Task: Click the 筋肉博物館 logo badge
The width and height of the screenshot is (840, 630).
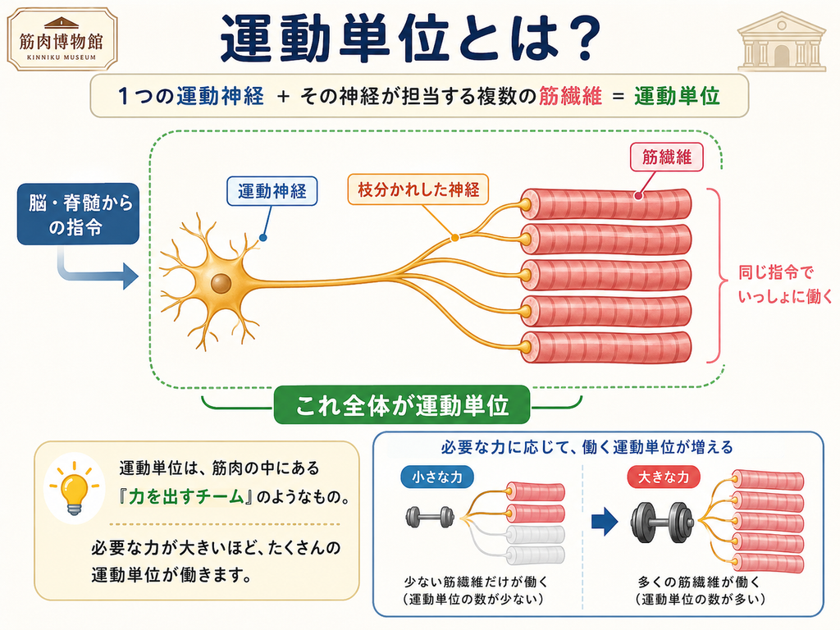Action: pos(62,39)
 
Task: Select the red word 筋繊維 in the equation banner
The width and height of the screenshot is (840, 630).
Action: pos(570,97)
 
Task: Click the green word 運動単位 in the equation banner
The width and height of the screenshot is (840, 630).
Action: pos(677,97)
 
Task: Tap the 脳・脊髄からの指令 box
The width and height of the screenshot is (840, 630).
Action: pos(78,214)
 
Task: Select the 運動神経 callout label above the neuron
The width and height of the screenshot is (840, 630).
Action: pos(272,191)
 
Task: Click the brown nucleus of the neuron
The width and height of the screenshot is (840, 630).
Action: pos(221,283)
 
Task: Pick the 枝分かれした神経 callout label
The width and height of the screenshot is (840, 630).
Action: pos(418,189)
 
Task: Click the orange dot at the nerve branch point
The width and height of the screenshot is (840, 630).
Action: pos(454,237)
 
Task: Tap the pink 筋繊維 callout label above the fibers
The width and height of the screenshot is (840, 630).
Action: pos(666,157)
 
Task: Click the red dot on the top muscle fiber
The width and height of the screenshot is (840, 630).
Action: pos(638,196)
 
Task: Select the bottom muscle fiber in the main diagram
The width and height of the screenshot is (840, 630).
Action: pos(606,348)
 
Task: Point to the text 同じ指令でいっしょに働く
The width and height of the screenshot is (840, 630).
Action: pos(785,284)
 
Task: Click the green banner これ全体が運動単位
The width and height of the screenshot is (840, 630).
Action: pos(402,405)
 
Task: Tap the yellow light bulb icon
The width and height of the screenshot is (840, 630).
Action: pos(74,488)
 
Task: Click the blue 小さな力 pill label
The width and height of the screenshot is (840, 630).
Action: pos(437,477)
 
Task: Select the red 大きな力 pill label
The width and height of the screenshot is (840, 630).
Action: pos(664,477)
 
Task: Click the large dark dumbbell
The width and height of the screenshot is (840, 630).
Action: pos(662,522)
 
